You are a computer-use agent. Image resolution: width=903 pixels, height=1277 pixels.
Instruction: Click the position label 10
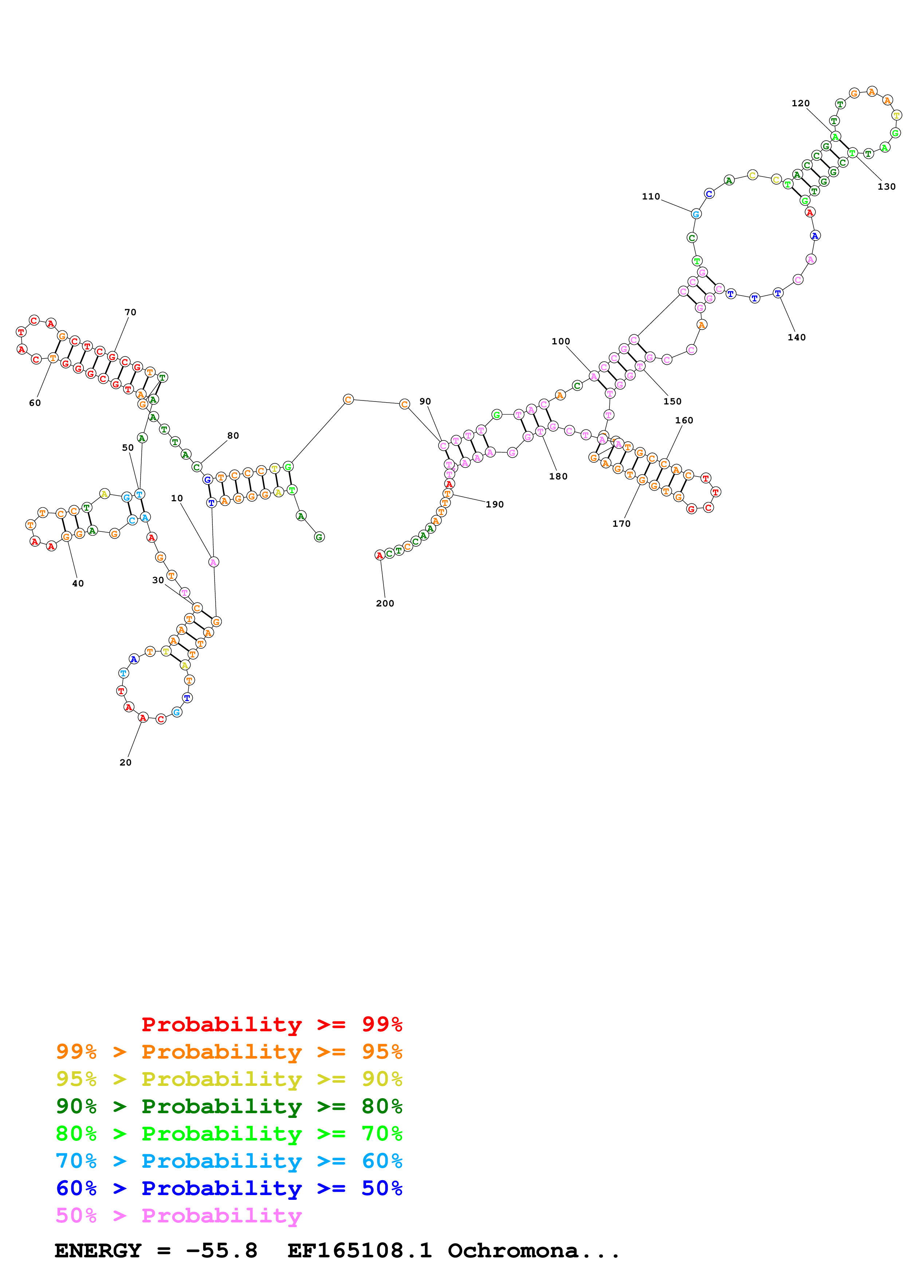click(177, 498)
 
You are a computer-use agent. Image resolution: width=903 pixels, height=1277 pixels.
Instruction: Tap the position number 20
click(126, 763)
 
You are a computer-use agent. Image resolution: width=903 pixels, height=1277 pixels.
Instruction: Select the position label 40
click(78, 584)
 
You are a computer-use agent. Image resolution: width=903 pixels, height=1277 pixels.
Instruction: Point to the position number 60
click(35, 403)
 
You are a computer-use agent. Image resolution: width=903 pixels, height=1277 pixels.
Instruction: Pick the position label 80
click(233, 435)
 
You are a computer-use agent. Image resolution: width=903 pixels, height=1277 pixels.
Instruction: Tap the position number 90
click(425, 402)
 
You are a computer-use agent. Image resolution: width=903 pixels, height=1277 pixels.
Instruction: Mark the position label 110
click(651, 196)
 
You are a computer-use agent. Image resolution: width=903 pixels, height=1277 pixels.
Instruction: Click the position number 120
click(801, 103)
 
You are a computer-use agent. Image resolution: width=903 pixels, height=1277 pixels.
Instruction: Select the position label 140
click(797, 337)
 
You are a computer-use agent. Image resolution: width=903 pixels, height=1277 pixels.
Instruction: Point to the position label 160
click(684, 420)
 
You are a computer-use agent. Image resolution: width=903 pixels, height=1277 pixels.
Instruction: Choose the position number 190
click(495, 505)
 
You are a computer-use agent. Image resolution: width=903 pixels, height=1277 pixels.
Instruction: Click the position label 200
click(385, 604)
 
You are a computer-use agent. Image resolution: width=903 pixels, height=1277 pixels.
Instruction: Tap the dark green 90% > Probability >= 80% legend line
click(229, 1106)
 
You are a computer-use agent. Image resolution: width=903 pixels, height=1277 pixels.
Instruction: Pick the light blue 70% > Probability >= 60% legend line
click(229, 1161)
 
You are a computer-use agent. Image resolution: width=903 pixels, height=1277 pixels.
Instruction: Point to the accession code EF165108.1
click(360, 1251)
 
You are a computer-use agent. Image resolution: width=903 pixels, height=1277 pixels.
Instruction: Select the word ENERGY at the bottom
click(98, 1251)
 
